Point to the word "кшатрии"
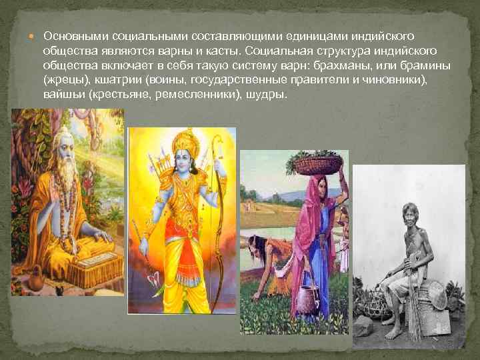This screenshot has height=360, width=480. tap(103, 80)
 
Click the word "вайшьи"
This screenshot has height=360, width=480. tap(59, 95)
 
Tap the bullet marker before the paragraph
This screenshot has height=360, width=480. tap(35, 35)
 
